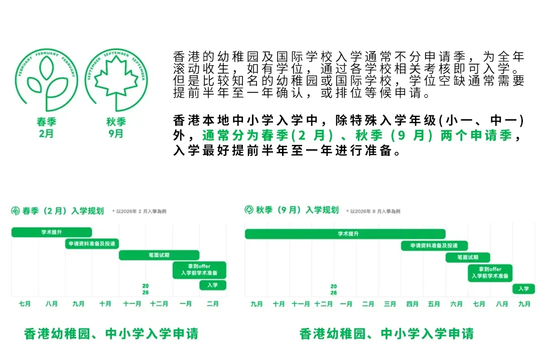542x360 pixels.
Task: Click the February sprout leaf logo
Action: point(46,79)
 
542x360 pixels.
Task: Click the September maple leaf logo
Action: point(116,79)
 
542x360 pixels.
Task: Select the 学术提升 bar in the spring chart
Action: point(52,232)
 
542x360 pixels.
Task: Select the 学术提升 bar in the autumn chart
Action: point(345,234)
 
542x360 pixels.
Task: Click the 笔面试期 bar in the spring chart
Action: point(159,255)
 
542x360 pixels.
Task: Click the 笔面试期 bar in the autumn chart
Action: point(468,258)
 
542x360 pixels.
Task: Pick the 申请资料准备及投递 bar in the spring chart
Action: point(92,244)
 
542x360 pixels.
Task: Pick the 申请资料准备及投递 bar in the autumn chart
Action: point(434,246)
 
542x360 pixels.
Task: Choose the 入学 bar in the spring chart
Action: point(213,285)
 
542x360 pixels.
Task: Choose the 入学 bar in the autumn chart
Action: point(523,288)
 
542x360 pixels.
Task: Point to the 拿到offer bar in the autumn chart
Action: point(490,273)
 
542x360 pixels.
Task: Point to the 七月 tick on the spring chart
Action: point(25,304)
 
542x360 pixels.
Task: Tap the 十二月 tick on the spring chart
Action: point(159,304)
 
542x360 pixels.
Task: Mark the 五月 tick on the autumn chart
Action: point(435,304)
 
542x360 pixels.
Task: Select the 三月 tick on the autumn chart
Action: point(390,304)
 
